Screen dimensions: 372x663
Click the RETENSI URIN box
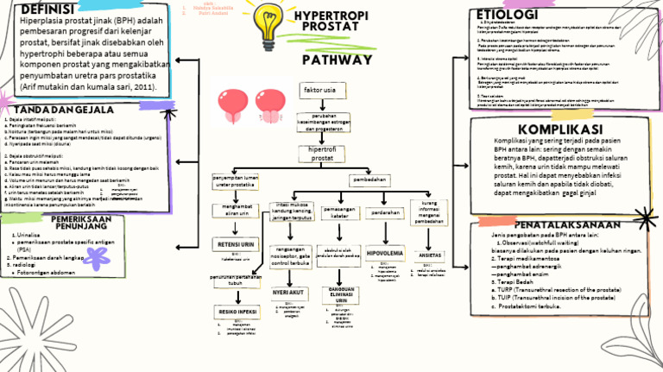235,245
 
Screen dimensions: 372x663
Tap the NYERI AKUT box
289,293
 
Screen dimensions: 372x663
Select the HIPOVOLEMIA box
382,253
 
